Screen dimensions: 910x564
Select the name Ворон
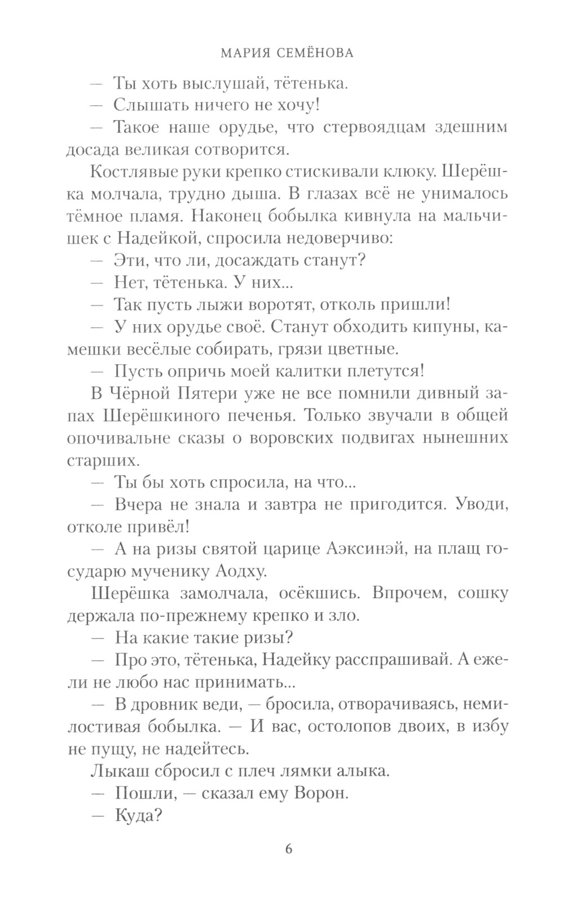pyautogui.click(x=319, y=793)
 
